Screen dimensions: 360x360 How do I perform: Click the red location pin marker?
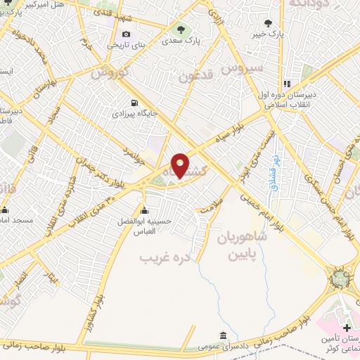(181, 166)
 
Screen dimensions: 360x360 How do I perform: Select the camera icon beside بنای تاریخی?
(126, 34)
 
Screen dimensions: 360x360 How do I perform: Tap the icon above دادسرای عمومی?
(223, 335)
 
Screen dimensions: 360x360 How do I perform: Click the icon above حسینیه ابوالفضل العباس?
(145, 210)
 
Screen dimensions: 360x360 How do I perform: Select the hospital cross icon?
(346, 328)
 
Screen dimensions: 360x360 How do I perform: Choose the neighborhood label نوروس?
(111, 72)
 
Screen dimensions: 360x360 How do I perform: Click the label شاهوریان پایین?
(243, 245)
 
